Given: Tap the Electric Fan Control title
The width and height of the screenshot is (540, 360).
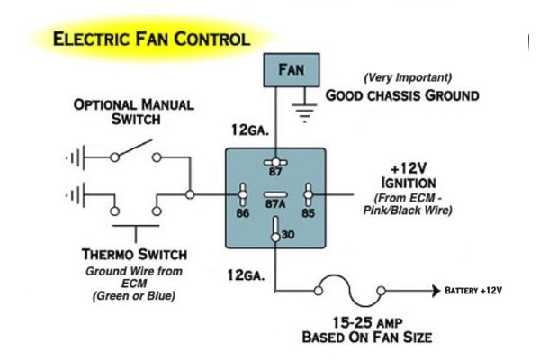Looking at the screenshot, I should click(151, 40).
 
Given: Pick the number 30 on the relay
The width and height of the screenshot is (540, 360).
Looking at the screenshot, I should click(288, 236).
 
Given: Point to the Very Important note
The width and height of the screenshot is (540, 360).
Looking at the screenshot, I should click(406, 78).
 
